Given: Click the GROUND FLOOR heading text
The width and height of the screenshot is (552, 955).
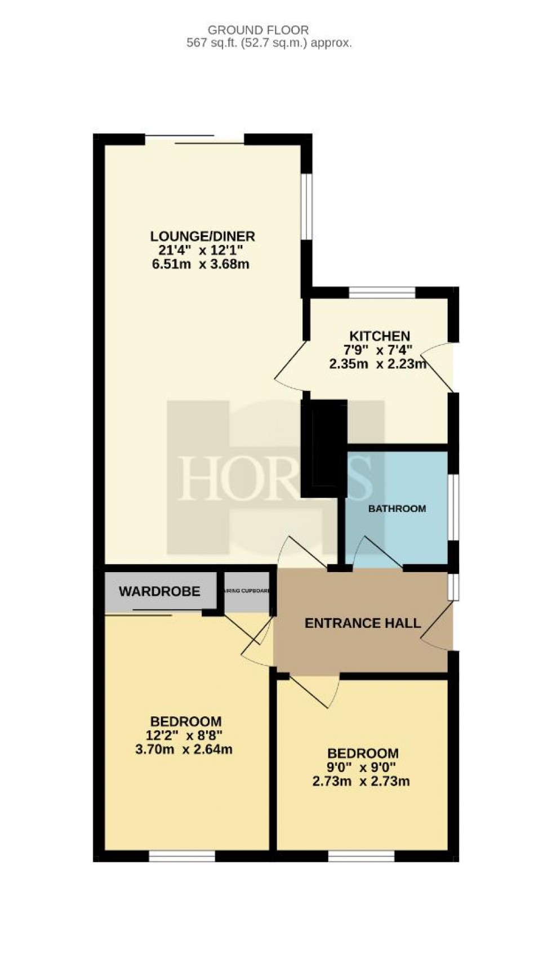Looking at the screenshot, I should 259,30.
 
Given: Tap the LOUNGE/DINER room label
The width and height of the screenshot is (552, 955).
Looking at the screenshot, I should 202,235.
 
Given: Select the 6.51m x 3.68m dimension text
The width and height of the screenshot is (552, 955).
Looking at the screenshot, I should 201,264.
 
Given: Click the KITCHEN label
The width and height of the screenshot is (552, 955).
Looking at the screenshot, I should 379,336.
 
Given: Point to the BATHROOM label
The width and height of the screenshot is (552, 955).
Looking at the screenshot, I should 397,508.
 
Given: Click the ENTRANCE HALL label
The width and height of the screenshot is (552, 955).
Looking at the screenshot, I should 362,623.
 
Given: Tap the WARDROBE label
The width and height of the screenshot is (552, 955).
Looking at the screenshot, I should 159,591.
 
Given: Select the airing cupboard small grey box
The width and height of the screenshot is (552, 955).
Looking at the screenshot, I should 247,591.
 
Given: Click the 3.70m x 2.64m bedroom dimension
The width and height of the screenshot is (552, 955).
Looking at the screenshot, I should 185,749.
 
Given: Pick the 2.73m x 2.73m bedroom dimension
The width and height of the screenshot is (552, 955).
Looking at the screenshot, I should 362,782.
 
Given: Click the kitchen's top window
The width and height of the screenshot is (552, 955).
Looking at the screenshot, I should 382,292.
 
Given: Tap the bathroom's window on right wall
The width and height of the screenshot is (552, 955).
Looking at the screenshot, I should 454,507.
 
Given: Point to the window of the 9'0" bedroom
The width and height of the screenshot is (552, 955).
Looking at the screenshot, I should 361,856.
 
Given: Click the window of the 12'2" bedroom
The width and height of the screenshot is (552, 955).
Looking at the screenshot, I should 182,856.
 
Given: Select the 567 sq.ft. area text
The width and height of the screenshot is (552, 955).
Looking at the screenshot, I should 269,43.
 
